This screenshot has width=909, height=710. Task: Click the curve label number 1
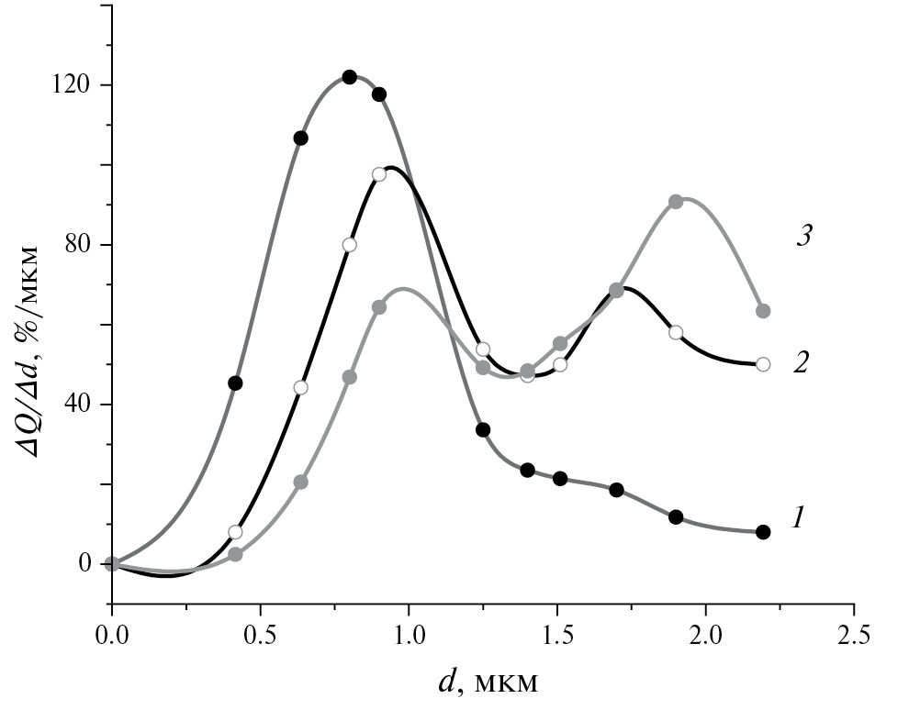tap(799, 518)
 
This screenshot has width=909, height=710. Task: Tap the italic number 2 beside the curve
tap(801, 363)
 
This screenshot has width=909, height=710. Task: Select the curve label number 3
tap(805, 236)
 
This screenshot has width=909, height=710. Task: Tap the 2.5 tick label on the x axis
tap(854, 634)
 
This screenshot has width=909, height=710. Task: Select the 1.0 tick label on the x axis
tap(409, 634)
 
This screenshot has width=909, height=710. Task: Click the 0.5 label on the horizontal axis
tap(261, 634)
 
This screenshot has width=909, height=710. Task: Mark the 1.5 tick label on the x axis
tap(557, 634)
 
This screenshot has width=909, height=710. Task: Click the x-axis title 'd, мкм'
tap(487, 682)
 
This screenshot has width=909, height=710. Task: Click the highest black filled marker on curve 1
tap(349, 77)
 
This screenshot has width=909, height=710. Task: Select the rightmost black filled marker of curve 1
tap(763, 532)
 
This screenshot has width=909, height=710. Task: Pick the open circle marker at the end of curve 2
tap(763, 364)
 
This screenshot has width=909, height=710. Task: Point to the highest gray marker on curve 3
tap(676, 201)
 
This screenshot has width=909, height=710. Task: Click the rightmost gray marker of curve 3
tap(763, 311)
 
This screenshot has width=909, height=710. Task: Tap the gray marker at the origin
tap(112, 564)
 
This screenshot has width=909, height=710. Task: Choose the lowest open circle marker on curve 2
tap(235, 532)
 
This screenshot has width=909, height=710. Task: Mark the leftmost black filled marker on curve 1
tap(235, 383)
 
